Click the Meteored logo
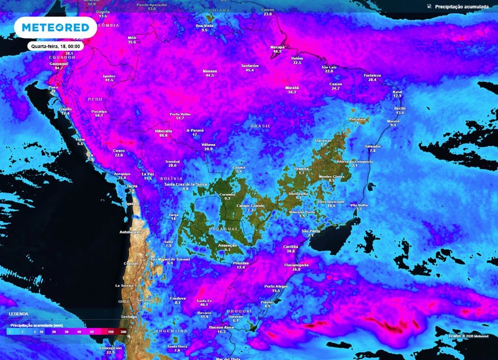tap(55, 28)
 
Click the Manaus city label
tap(210, 71)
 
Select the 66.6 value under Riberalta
tap(163, 135)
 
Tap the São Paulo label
tap(310, 231)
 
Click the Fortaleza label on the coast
tap(373, 75)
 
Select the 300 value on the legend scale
tap(123, 331)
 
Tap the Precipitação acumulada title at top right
tap(462, 7)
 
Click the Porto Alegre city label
tap(276, 286)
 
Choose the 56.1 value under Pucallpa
tap(99, 116)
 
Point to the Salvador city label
tap(373, 146)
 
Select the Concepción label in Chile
tap(110, 348)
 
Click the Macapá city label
tap(277, 47)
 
